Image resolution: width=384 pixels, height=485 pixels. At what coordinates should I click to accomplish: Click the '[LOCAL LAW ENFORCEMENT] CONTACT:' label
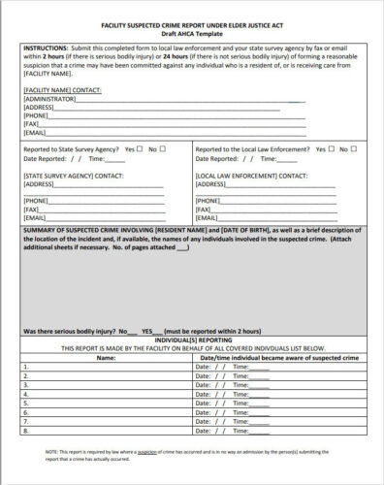pos(246,173)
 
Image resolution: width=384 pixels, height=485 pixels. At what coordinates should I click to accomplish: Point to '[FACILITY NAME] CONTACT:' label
pos(58,89)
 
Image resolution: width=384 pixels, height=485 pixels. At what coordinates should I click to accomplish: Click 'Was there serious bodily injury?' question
pos(68,331)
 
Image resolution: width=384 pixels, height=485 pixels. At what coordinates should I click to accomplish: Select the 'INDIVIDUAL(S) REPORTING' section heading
pos(191,339)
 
